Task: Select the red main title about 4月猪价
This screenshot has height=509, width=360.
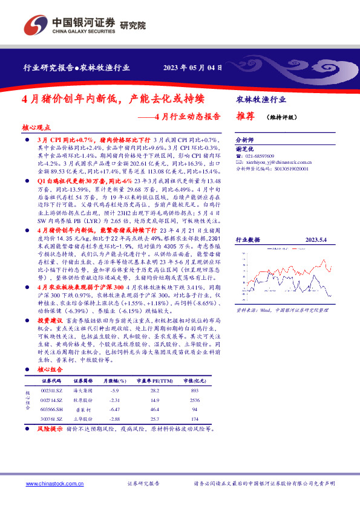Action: pyautogui.click(x=113, y=98)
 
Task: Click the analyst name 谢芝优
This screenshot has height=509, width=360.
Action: pyautogui.click(x=244, y=148)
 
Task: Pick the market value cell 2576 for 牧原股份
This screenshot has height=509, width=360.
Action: pyautogui.click(x=194, y=400)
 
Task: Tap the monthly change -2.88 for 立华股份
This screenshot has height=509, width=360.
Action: pyautogui.click(x=114, y=418)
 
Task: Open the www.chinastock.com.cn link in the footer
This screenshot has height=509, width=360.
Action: pyautogui.click(x=54, y=484)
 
